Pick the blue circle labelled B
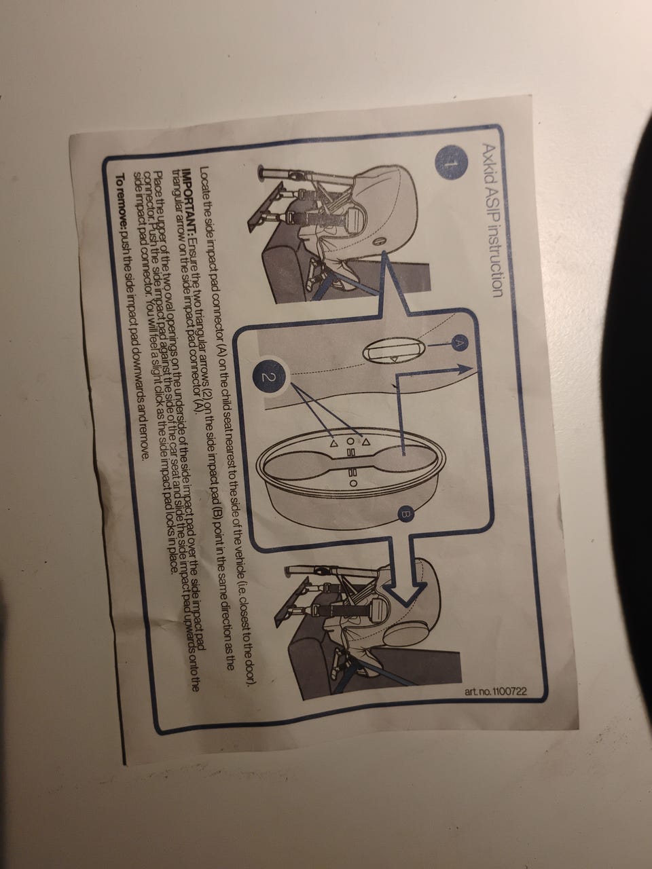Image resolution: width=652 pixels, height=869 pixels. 406,515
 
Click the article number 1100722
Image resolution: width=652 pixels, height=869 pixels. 496,692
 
